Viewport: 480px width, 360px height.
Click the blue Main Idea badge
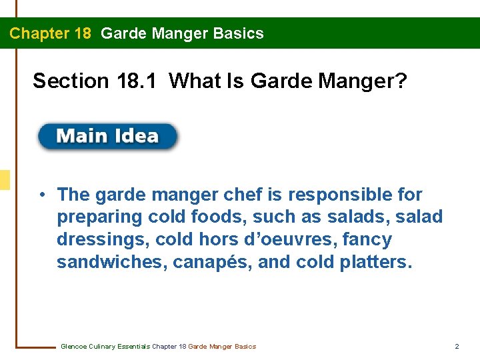click(x=107, y=137)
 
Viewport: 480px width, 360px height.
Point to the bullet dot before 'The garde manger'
click(x=42, y=195)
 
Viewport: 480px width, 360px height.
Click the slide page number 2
click(x=457, y=346)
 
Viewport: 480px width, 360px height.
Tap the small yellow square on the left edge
click(x=5, y=180)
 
